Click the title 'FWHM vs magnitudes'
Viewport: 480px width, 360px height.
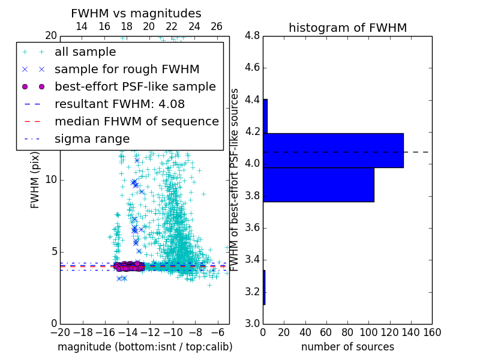tap(136, 13)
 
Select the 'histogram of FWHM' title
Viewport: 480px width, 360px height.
tap(347, 28)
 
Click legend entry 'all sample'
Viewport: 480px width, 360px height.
tap(85, 52)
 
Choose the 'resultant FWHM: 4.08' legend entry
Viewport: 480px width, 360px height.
tap(119, 104)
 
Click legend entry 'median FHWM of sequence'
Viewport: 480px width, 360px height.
tap(136, 121)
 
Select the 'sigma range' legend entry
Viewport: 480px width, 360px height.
tap(92, 139)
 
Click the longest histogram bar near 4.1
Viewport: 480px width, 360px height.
tap(333, 151)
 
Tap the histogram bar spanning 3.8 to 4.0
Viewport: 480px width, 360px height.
tap(319, 185)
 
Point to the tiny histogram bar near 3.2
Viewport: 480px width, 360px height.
tap(264, 287)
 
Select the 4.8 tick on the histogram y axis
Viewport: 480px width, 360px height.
tap(252, 36)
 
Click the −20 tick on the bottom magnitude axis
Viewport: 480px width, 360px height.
tap(59, 332)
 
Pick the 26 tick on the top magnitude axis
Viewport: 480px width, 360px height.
tap(217, 26)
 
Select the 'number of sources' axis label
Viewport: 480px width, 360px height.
tap(347, 347)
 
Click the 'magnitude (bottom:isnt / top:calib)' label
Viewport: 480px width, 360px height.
tap(145, 347)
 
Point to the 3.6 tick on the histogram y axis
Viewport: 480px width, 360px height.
tap(252, 228)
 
